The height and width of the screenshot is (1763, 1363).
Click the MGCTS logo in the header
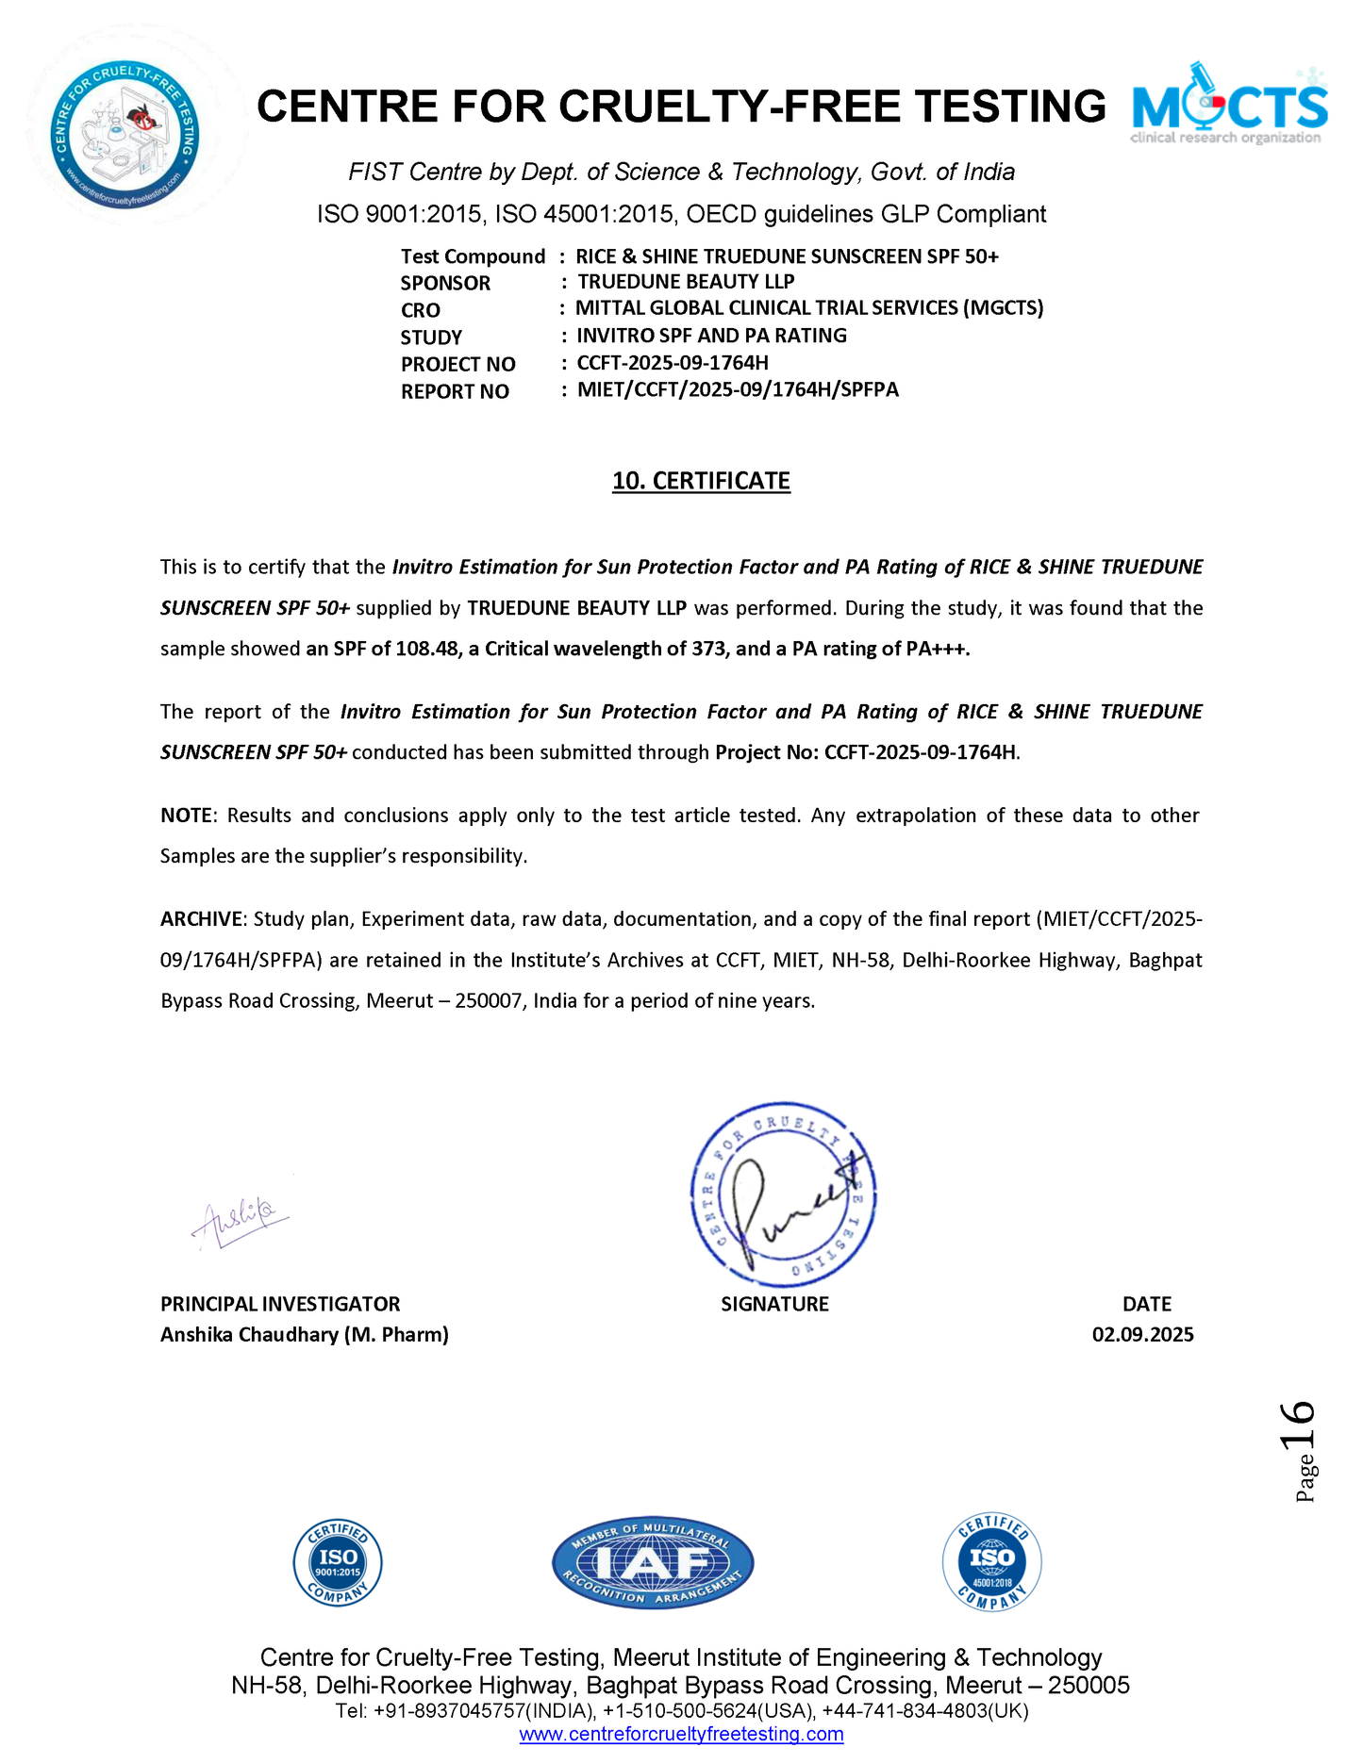click(x=1229, y=105)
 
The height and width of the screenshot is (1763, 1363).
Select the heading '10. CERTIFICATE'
click(x=701, y=481)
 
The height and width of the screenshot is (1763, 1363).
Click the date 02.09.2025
click(x=1142, y=1334)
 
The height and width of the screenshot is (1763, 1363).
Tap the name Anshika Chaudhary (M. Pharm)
click(x=304, y=1334)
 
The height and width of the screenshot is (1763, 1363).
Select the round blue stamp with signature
click(x=784, y=1194)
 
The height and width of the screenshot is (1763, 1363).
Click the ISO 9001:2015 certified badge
click(x=338, y=1562)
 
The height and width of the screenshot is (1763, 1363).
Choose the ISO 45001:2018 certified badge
click(x=991, y=1562)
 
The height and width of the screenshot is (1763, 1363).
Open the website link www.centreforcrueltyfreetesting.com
click(x=681, y=1734)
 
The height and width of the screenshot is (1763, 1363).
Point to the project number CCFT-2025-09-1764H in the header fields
click(x=673, y=363)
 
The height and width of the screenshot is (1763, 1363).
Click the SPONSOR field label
click(x=445, y=283)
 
